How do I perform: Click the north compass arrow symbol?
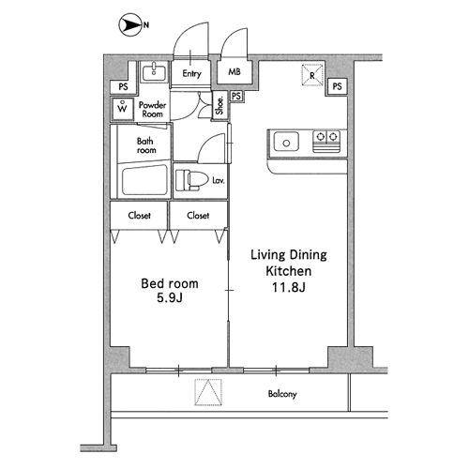pyautogui.click(x=129, y=24)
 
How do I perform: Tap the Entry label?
pyautogui.click(x=191, y=73)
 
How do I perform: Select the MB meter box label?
pyautogui.click(x=234, y=72)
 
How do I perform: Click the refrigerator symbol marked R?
pyautogui.click(x=312, y=74)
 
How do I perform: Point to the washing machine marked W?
pyautogui.click(x=123, y=109)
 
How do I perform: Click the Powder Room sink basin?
pyautogui.click(x=154, y=72)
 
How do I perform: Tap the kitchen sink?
pyautogui.click(x=286, y=142)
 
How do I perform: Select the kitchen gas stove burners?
pyautogui.click(x=326, y=142)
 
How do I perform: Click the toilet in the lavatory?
pyautogui.click(x=191, y=180)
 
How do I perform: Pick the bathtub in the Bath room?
pyautogui.click(x=144, y=180)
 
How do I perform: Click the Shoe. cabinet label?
pyautogui.click(x=220, y=106)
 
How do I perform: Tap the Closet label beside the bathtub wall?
pyautogui.click(x=139, y=216)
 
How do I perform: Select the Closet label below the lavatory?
pyautogui.click(x=198, y=216)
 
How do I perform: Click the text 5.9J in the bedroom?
pyautogui.click(x=170, y=298)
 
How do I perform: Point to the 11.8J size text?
pyautogui.click(x=288, y=287)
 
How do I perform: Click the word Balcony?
pyautogui.click(x=282, y=394)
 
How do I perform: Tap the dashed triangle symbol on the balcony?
pyautogui.click(x=208, y=392)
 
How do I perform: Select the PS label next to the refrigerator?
pyautogui.click(x=337, y=86)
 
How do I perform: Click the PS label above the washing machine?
pyautogui.click(x=123, y=86)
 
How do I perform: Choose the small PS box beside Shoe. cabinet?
pyautogui.click(x=236, y=96)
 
